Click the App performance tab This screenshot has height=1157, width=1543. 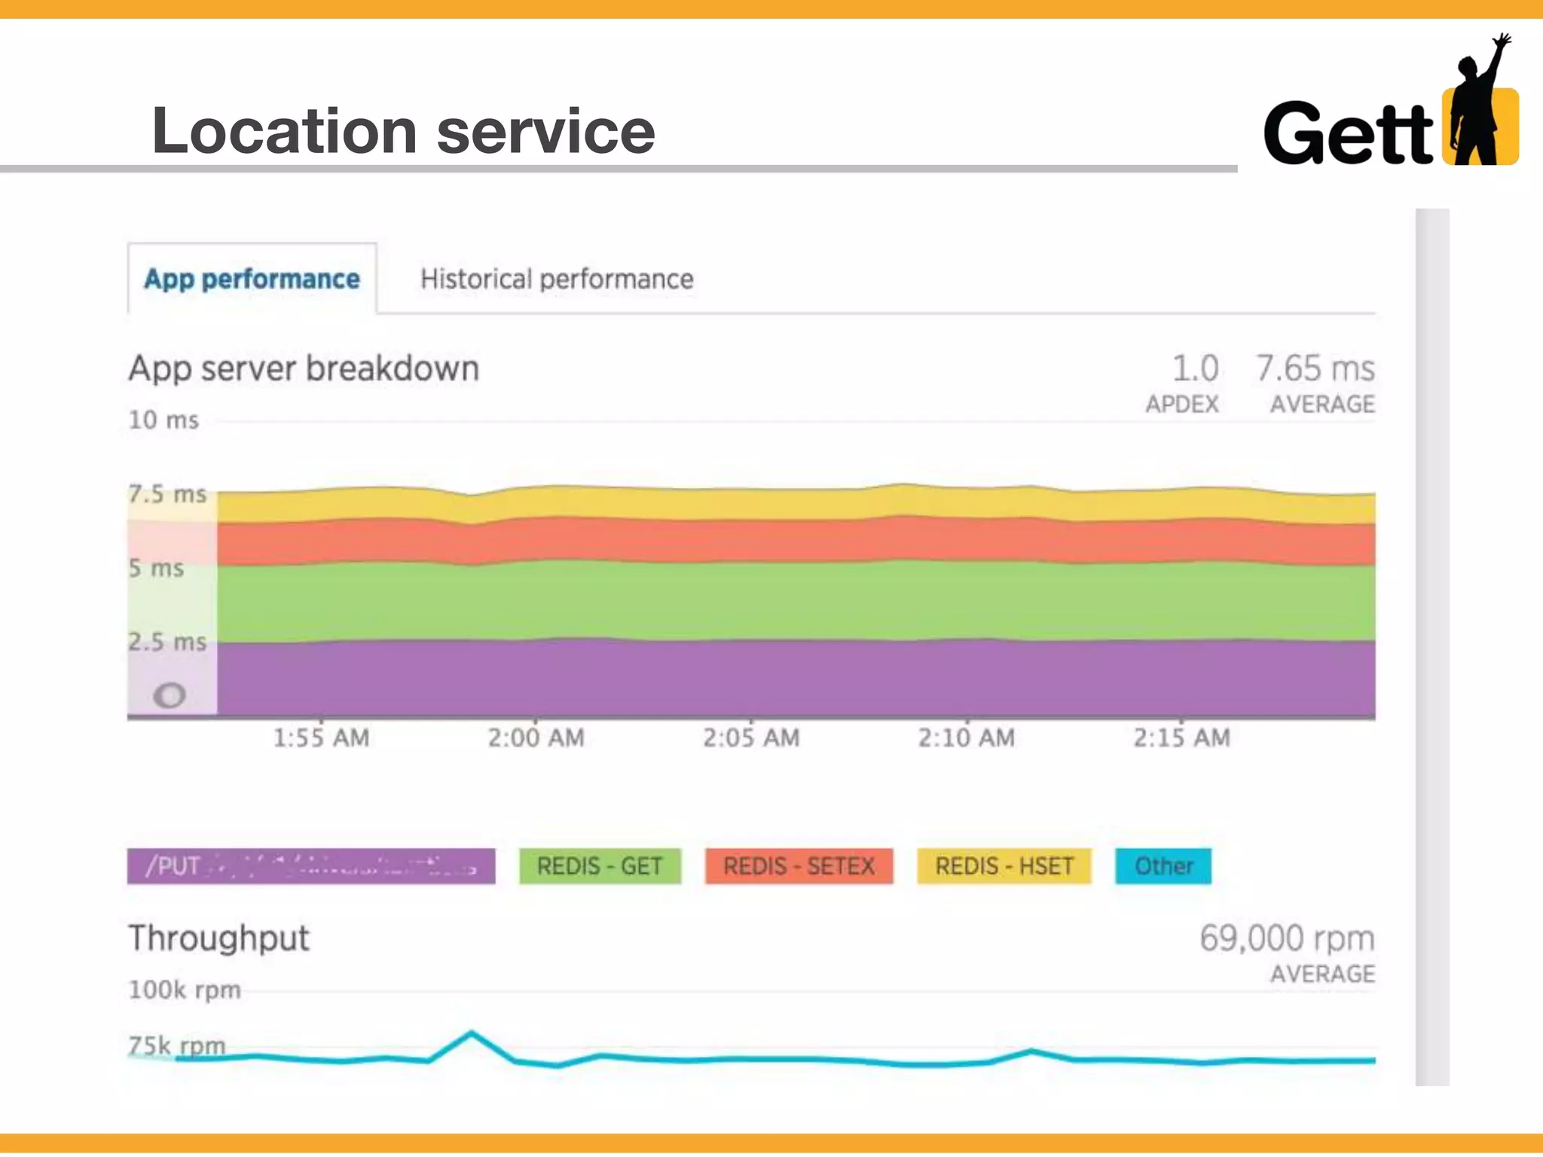click(252, 279)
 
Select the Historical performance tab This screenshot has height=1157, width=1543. click(557, 279)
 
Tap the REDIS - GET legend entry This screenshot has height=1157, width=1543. click(600, 866)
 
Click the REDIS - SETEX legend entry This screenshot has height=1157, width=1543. click(799, 866)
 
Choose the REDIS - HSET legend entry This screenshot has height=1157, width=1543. click(1004, 866)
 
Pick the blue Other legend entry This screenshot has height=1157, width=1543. click(1163, 866)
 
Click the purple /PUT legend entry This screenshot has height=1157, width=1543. click(310, 866)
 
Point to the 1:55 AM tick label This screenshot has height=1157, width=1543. click(321, 737)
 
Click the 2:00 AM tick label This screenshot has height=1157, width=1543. click(536, 737)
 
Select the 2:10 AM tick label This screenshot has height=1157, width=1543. click(966, 737)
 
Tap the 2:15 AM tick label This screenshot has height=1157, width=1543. click(1181, 737)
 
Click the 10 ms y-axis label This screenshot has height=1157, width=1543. click(163, 420)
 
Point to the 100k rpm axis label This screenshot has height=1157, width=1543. click(185, 990)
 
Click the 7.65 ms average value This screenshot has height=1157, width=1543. click(1315, 369)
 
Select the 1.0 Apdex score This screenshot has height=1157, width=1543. click(1195, 369)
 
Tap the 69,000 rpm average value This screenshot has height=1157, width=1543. click(1287, 939)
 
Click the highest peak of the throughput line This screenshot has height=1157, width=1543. click(472, 1033)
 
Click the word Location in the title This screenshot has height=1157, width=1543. click(285, 131)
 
